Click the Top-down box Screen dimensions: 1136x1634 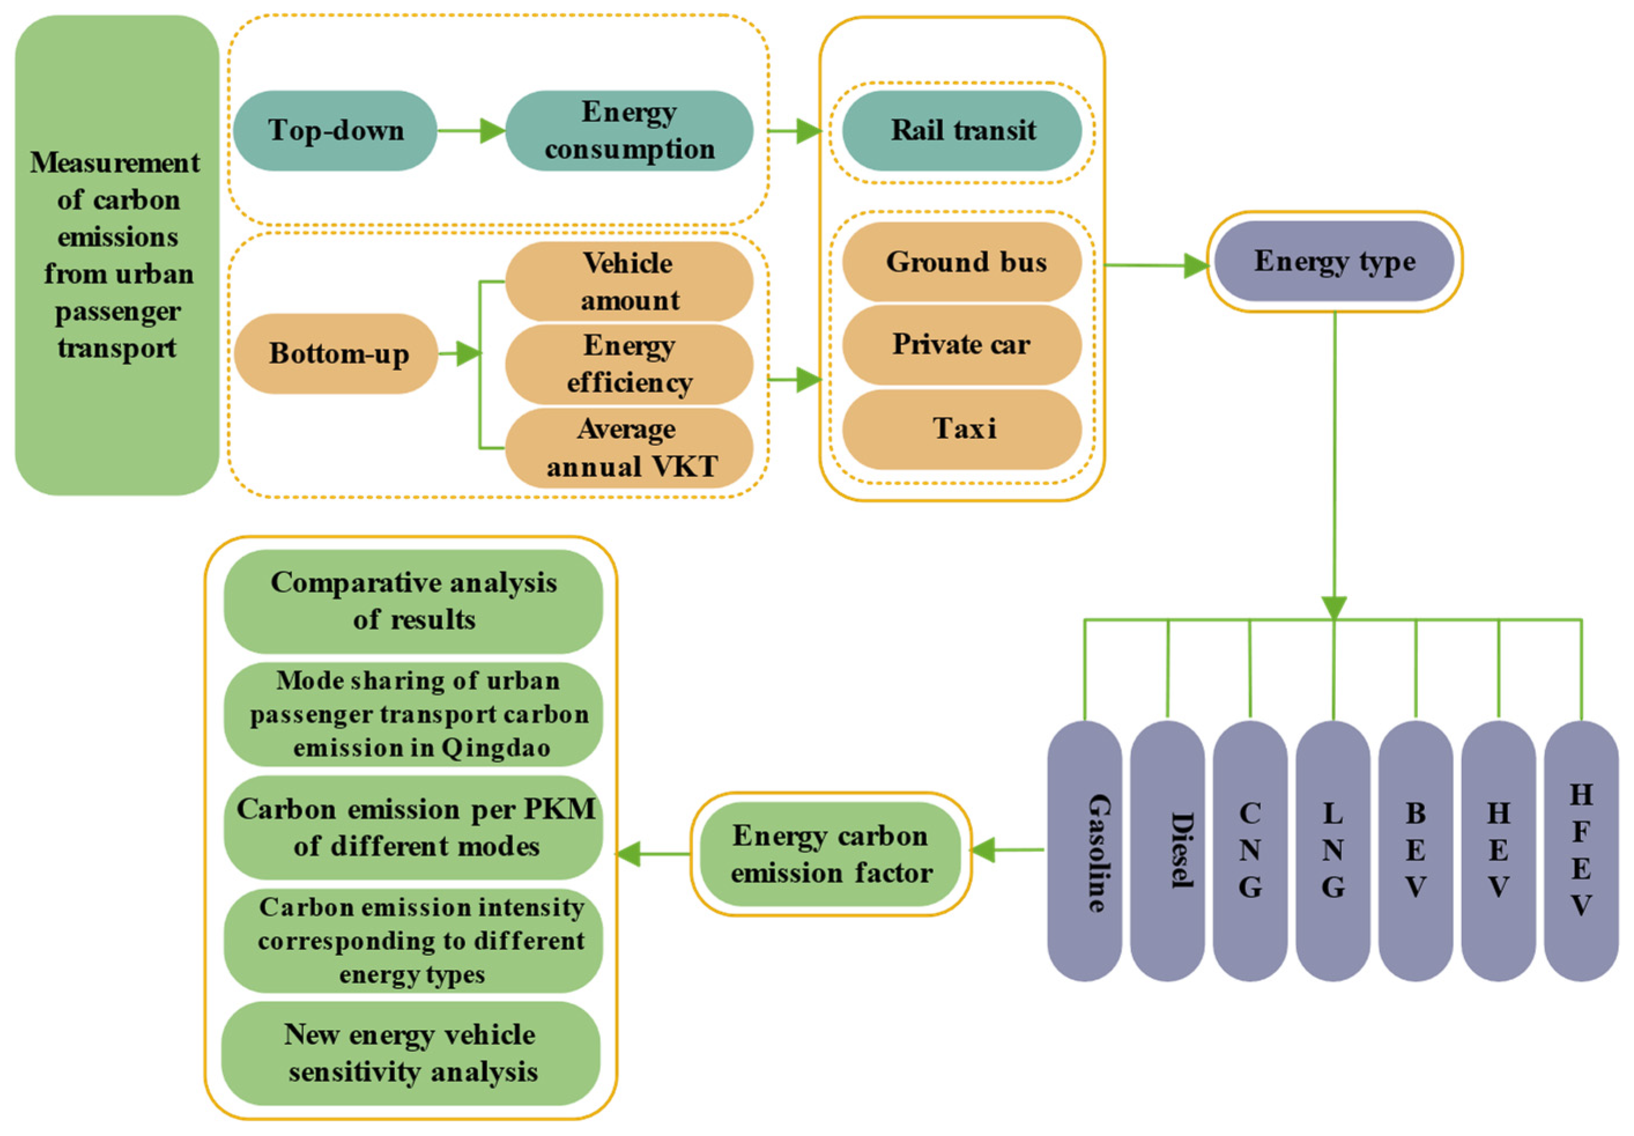coord(335,131)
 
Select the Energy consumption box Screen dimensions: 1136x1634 coord(629,131)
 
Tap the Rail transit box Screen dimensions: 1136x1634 coord(962,131)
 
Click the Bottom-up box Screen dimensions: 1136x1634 coord(337,353)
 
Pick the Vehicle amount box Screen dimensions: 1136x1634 coord(629,282)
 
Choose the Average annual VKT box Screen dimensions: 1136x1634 coord(629,448)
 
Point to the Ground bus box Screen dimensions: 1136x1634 coord(962,262)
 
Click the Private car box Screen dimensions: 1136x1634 coord(962,345)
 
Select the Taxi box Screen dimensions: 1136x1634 coord(962,429)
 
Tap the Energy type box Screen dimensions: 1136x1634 coord(1334,262)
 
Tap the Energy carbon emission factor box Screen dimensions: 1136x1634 coord(830,854)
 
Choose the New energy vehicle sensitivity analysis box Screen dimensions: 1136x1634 coord(411,1053)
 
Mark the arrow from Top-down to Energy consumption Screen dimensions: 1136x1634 coord(470,131)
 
